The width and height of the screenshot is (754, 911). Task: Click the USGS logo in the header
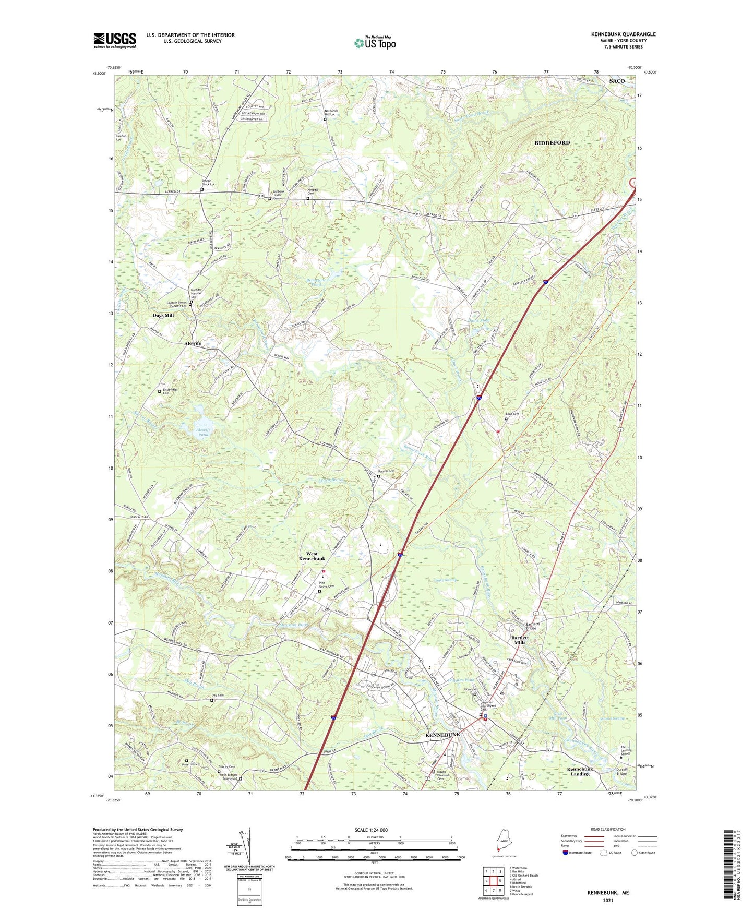115,40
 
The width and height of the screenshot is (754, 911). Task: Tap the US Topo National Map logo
374,43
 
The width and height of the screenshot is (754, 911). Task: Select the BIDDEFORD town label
552,142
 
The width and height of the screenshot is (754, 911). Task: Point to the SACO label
616,81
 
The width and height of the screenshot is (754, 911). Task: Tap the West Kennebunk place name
312,556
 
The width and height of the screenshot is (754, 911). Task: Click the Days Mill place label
163,316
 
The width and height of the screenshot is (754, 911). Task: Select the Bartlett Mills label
520,640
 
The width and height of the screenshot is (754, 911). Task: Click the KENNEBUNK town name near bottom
442,735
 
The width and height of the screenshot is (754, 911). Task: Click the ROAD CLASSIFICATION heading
607,830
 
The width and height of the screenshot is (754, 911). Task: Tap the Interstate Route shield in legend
566,853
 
